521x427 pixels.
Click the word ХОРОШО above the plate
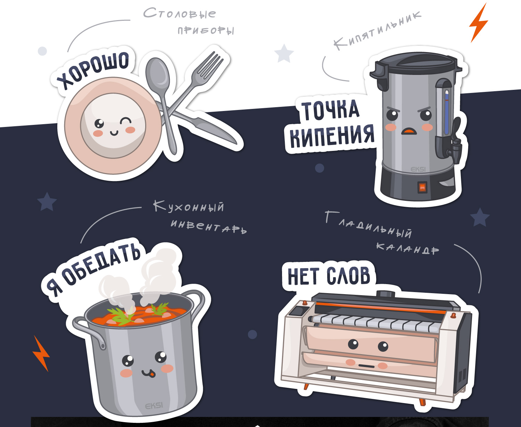tap(93, 70)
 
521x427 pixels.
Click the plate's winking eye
tap(126, 121)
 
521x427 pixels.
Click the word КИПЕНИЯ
tap(332, 135)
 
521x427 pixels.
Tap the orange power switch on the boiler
tap(422, 187)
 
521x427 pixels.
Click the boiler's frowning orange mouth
tap(409, 131)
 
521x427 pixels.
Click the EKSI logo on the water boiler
tap(418, 169)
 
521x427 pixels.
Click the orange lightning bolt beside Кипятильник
tap(479, 23)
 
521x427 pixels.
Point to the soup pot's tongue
tap(152, 375)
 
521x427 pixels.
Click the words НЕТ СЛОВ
tap(329, 275)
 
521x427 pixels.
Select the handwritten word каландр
tap(407, 249)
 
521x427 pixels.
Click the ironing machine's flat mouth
tap(366, 366)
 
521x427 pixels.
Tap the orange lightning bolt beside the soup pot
tap(41, 353)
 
